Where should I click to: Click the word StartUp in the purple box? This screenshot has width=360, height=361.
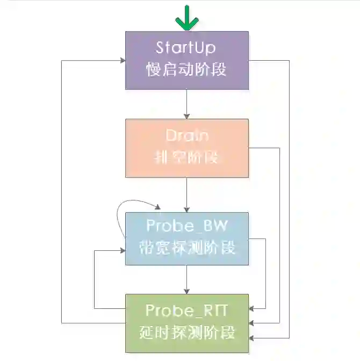click(185, 47)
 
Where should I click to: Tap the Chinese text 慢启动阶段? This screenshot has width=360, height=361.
click(186, 70)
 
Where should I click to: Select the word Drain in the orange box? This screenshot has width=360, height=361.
click(186, 135)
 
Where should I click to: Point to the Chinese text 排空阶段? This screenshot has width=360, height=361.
click(186, 158)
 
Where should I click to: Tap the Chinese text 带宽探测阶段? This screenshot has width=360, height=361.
click(186, 248)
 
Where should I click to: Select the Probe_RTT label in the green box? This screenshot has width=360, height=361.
click(186, 310)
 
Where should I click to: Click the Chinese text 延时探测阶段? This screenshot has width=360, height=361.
click(186, 333)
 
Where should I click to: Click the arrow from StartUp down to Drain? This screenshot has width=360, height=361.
click(186, 104)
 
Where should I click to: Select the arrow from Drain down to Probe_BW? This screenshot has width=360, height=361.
click(186, 194)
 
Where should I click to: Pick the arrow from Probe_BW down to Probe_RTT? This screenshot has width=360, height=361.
click(186, 279)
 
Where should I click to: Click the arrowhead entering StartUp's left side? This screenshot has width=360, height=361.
click(122, 60)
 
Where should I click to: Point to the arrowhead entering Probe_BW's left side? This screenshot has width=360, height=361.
click(122, 250)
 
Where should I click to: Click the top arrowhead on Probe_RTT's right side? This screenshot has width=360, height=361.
click(253, 309)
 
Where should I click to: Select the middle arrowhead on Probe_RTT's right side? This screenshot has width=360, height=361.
click(253, 323)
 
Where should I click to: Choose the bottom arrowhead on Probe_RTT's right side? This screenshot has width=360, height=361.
click(253, 337)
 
